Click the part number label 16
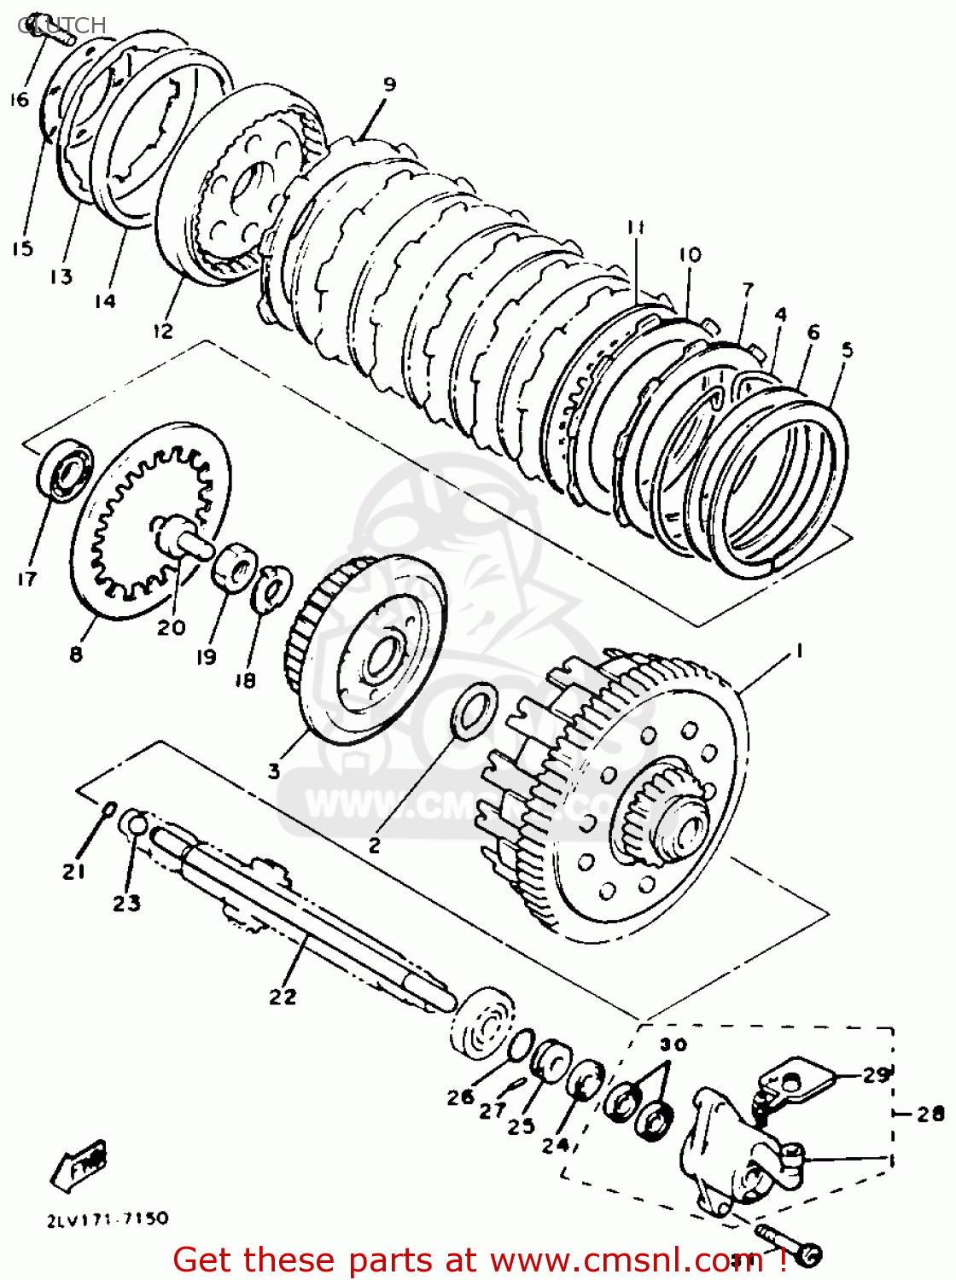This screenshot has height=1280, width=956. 19,100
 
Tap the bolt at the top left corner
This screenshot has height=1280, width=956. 53,32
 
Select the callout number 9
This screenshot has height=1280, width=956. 389,84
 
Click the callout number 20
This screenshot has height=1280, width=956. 171,627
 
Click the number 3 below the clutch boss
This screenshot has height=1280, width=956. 273,771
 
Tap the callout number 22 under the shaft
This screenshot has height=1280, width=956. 283,996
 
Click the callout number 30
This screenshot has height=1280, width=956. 673,1044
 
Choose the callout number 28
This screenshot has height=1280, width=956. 930,1114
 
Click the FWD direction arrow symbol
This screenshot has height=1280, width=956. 81,1164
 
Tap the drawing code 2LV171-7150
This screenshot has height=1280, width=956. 108,1219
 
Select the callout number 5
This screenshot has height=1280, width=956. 846,349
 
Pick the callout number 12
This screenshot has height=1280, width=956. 162,330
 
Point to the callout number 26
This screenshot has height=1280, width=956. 460,1097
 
